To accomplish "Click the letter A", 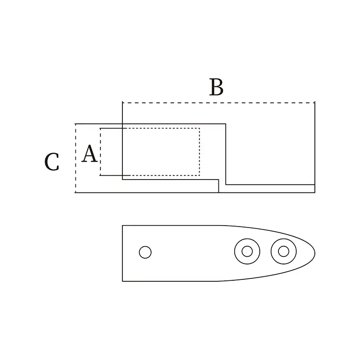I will click(89, 154).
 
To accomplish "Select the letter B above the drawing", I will click(216, 87).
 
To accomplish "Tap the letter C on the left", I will click(52, 162).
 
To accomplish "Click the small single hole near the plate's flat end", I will click(145, 252).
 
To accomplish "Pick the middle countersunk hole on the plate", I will click(247, 251).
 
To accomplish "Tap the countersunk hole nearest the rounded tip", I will click(283, 251).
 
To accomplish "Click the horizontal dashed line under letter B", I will click(218, 102).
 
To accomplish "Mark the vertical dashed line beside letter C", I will click(75, 158).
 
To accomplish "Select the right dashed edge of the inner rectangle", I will click(199, 152).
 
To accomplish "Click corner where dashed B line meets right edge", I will click(315, 102).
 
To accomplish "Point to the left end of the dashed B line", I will click(123, 102).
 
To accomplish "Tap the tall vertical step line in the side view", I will click(226, 154).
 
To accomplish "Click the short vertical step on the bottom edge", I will click(219, 186).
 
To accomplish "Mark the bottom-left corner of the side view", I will click(75, 192).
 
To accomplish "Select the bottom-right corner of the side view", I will click(315, 192).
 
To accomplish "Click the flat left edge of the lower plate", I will click(122, 253).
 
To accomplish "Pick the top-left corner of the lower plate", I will click(122, 225).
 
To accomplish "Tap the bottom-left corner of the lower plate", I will click(122, 281).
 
